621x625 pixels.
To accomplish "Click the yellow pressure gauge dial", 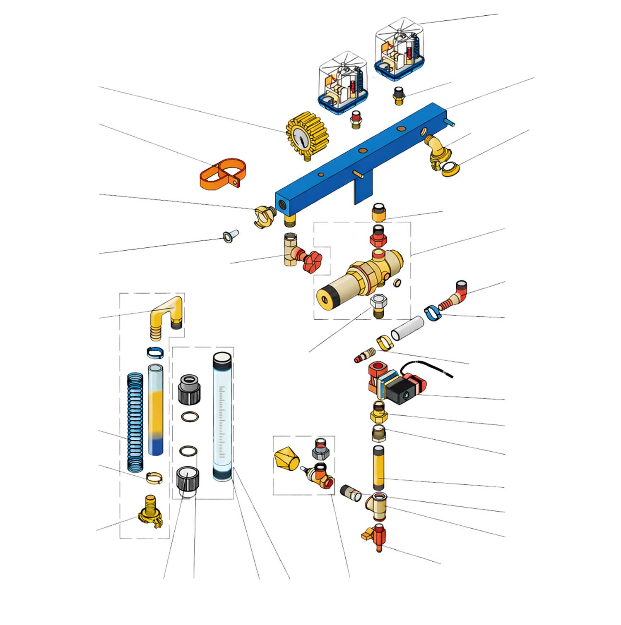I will click(307, 136).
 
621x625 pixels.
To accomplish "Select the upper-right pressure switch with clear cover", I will click(400, 48).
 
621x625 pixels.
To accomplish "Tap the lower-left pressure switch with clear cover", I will click(343, 83).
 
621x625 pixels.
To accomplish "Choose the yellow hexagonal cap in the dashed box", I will click(286, 458).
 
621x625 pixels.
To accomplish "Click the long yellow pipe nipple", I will click(378, 467).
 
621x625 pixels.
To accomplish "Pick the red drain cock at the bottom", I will click(376, 535).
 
